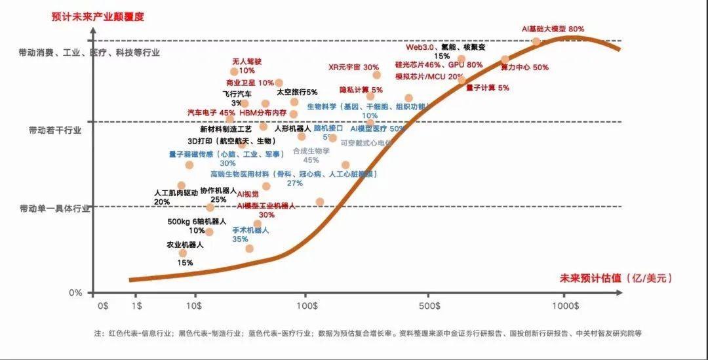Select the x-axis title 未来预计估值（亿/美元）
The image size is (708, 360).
pyautogui.click(x=616, y=278)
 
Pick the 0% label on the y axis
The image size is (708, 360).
pyautogui.click(x=76, y=292)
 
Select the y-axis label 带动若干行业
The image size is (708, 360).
pyautogui.click(x=55, y=130)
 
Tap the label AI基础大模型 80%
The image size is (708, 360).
pyautogui.click(x=552, y=30)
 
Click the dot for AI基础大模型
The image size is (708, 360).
pyautogui.click(x=536, y=42)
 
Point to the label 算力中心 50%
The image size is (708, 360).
pyautogui.click(x=524, y=68)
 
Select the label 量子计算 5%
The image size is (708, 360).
pyautogui.click(x=487, y=87)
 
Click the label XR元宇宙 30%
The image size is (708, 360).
pyautogui.click(x=353, y=68)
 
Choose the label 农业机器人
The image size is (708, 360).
pyautogui.click(x=186, y=245)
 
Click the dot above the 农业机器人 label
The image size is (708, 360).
pyautogui.click(x=183, y=253)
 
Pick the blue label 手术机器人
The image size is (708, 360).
pyautogui.click(x=250, y=230)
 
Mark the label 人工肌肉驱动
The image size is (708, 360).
pyautogui.click(x=176, y=193)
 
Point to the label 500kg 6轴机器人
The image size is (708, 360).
pyautogui.click(x=197, y=222)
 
